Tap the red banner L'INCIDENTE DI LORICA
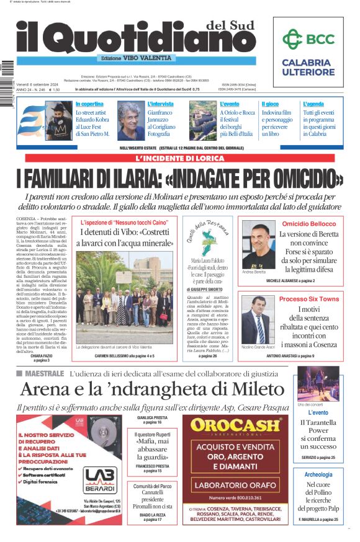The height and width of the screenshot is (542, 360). (179, 158)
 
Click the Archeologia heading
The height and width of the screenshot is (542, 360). (318, 474)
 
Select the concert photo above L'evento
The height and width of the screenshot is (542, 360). (318, 383)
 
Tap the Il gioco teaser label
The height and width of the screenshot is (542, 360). (270, 104)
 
